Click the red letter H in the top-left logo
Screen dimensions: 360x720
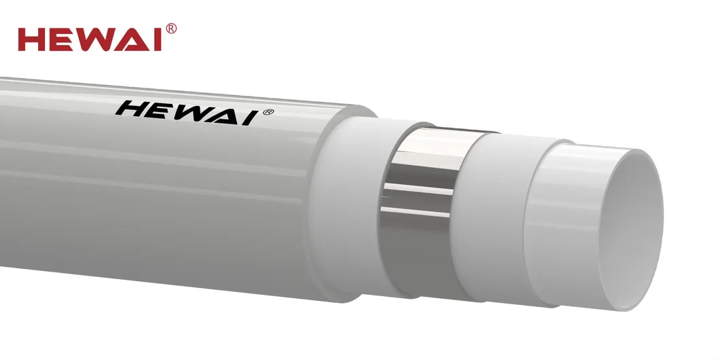point(33,39)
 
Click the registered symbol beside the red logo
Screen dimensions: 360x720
point(171,28)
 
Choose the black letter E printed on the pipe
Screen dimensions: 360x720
point(160,111)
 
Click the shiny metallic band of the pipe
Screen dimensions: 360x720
point(421,204)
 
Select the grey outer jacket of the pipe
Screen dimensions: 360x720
point(170,204)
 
